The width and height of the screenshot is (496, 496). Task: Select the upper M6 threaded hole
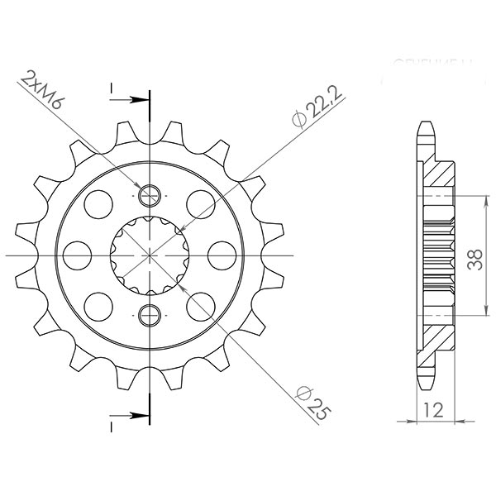coord(150,195)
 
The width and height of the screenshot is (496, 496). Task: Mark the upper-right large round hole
coord(200,202)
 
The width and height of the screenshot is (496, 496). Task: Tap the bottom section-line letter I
coord(111,427)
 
